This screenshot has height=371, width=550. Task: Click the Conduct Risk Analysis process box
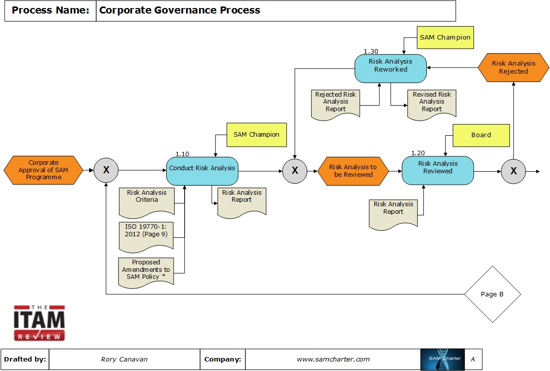[x=202, y=171]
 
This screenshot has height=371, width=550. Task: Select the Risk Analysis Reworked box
[x=391, y=69]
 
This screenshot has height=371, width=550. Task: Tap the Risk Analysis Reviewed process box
[x=438, y=170]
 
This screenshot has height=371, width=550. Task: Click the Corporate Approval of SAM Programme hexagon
[x=44, y=170]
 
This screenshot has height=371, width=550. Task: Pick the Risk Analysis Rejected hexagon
[x=513, y=68]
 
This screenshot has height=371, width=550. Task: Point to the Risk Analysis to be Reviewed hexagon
[x=353, y=171]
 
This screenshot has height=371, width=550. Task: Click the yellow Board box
[x=481, y=135]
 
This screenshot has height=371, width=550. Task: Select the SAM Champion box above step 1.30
[x=445, y=38]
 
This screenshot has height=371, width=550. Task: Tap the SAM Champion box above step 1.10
[x=256, y=135]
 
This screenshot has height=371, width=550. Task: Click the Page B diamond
[x=492, y=294]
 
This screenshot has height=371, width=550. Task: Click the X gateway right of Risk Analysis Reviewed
[x=513, y=171]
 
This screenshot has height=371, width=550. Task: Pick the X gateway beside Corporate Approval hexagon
[x=106, y=171]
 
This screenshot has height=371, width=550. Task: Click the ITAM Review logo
[x=39, y=323]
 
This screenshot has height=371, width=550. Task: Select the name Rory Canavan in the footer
[x=124, y=359]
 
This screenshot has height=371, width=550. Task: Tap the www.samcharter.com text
[x=333, y=359]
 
